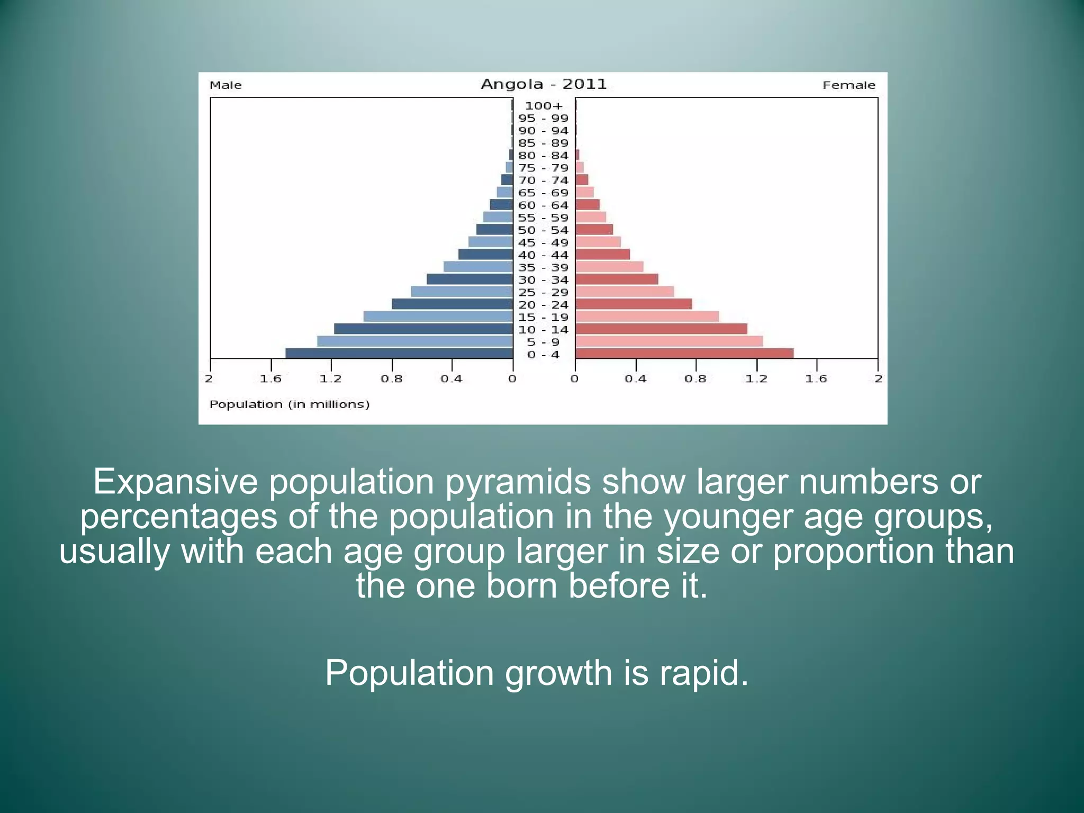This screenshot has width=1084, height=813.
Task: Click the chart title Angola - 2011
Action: [543, 84]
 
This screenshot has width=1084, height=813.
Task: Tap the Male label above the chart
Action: [225, 85]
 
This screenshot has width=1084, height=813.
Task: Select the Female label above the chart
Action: [848, 85]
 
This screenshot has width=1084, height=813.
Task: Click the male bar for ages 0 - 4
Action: [399, 354]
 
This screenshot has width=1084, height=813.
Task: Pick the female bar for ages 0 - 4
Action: [684, 354]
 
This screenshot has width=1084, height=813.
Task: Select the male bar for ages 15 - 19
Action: [438, 317]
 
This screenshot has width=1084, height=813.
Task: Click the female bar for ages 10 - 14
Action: [661, 329]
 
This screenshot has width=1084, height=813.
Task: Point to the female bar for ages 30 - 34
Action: [617, 279]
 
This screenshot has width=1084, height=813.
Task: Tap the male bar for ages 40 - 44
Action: [485, 255]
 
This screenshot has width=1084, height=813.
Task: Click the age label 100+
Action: [544, 106]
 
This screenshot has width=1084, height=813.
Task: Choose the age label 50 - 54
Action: [543, 230]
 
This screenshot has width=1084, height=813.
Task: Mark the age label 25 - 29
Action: [543, 292]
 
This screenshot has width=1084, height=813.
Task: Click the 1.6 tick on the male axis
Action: [270, 378]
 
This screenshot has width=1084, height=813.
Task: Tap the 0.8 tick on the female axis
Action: [695, 378]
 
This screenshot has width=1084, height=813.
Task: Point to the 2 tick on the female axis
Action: [878, 378]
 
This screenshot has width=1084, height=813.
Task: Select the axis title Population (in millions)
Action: [289, 404]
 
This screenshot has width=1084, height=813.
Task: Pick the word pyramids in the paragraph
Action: [517, 482]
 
